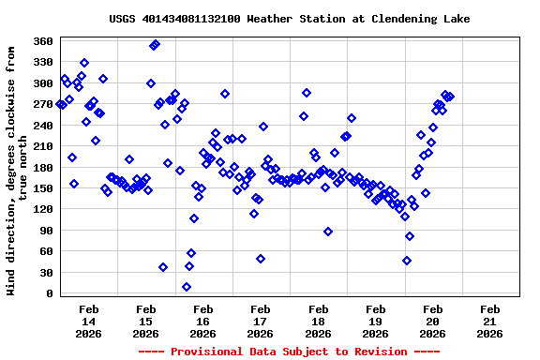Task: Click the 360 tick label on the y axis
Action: click(x=42, y=41)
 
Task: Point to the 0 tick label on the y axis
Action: click(x=49, y=293)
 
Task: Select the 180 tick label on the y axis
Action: click(x=42, y=167)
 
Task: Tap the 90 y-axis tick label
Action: click(x=45, y=231)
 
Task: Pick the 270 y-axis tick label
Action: click(x=42, y=104)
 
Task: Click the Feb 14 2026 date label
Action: click(x=89, y=321)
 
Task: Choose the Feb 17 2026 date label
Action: click(x=261, y=321)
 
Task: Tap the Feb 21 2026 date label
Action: click(x=489, y=321)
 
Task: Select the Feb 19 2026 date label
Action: click(x=375, y=321)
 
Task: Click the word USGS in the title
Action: click(x=123, y=19)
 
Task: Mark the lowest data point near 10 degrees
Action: click(x=187, y=287)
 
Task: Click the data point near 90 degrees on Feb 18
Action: click(x=328, y=232)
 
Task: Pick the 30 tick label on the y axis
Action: click(x=45, y=273)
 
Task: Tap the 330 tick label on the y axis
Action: click(x=42, y=62)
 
